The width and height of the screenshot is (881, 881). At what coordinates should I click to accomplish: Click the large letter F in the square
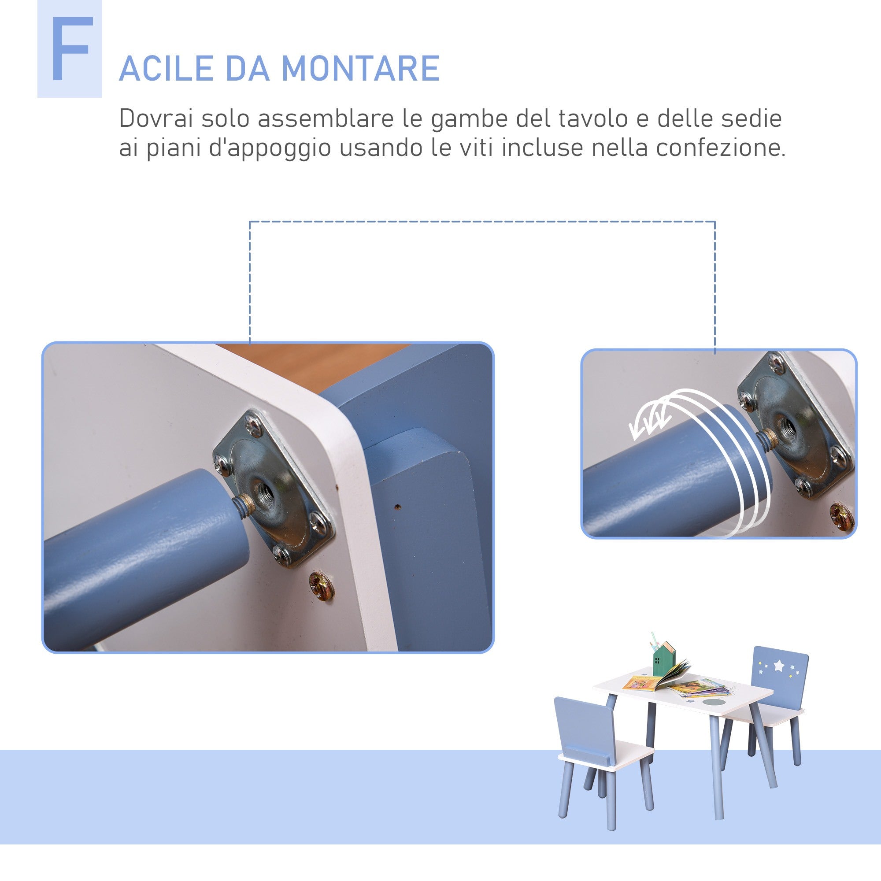(70, 50)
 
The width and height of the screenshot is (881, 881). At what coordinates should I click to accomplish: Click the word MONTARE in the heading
(360, 69)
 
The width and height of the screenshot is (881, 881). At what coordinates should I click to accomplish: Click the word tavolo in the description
(596, 118)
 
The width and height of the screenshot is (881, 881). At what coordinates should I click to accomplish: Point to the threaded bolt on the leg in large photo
(242, 504)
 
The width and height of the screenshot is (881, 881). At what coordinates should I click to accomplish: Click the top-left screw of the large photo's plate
(252, 426)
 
